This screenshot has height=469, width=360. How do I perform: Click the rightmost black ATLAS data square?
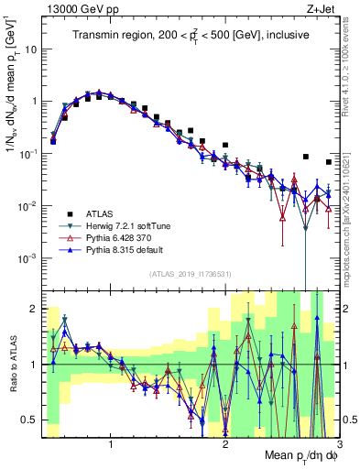tap(329, 162)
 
